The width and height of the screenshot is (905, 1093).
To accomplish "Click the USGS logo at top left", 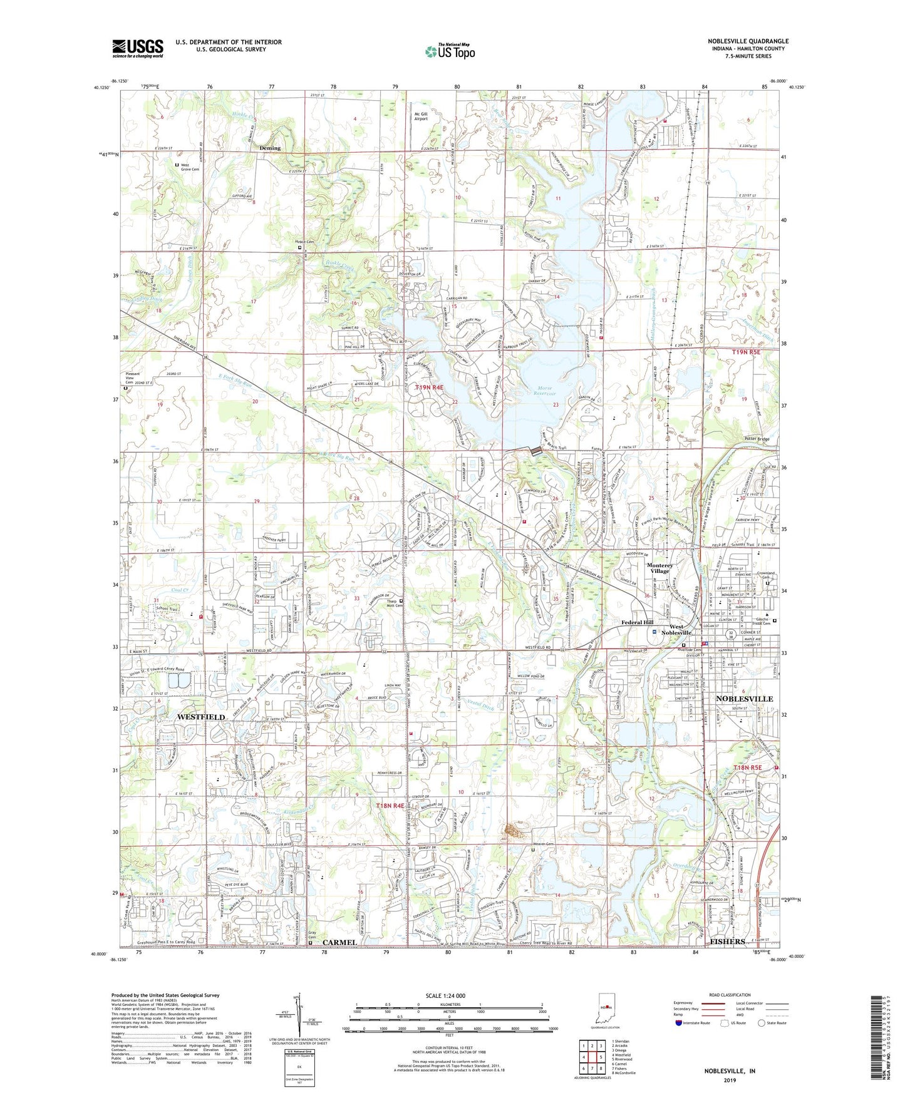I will tap(138, 48).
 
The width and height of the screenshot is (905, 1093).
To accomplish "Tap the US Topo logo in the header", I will tap(450, 51).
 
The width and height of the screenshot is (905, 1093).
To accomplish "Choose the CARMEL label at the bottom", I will tap(339, 942).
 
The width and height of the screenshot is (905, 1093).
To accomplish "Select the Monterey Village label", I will tap(659, 568).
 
